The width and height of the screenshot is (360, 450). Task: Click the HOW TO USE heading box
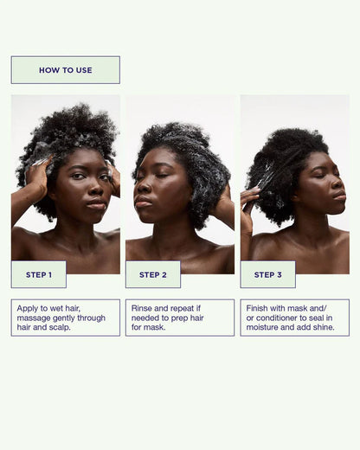[x=65, y=70]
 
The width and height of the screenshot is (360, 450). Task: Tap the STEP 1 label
[x=39, y=274]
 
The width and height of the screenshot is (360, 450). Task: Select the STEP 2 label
[x=153, y=274]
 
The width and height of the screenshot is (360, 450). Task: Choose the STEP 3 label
[x=267, y=274]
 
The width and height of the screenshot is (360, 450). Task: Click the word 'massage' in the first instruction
[x=34, y=318]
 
